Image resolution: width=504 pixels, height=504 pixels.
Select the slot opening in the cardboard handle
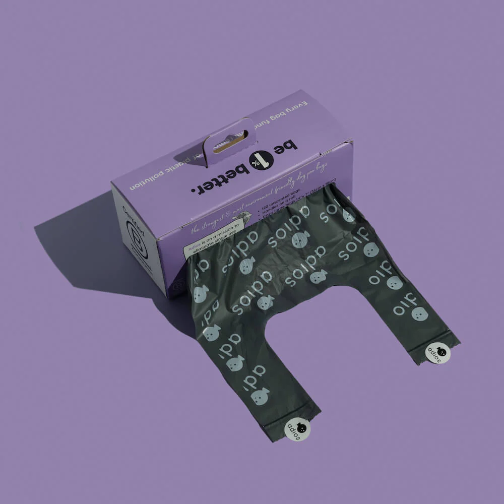(x=229, y=143)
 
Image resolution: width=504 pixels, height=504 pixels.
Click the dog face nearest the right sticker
(x=417, y=313)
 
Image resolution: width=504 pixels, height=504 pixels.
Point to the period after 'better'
(x=194, y=190)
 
